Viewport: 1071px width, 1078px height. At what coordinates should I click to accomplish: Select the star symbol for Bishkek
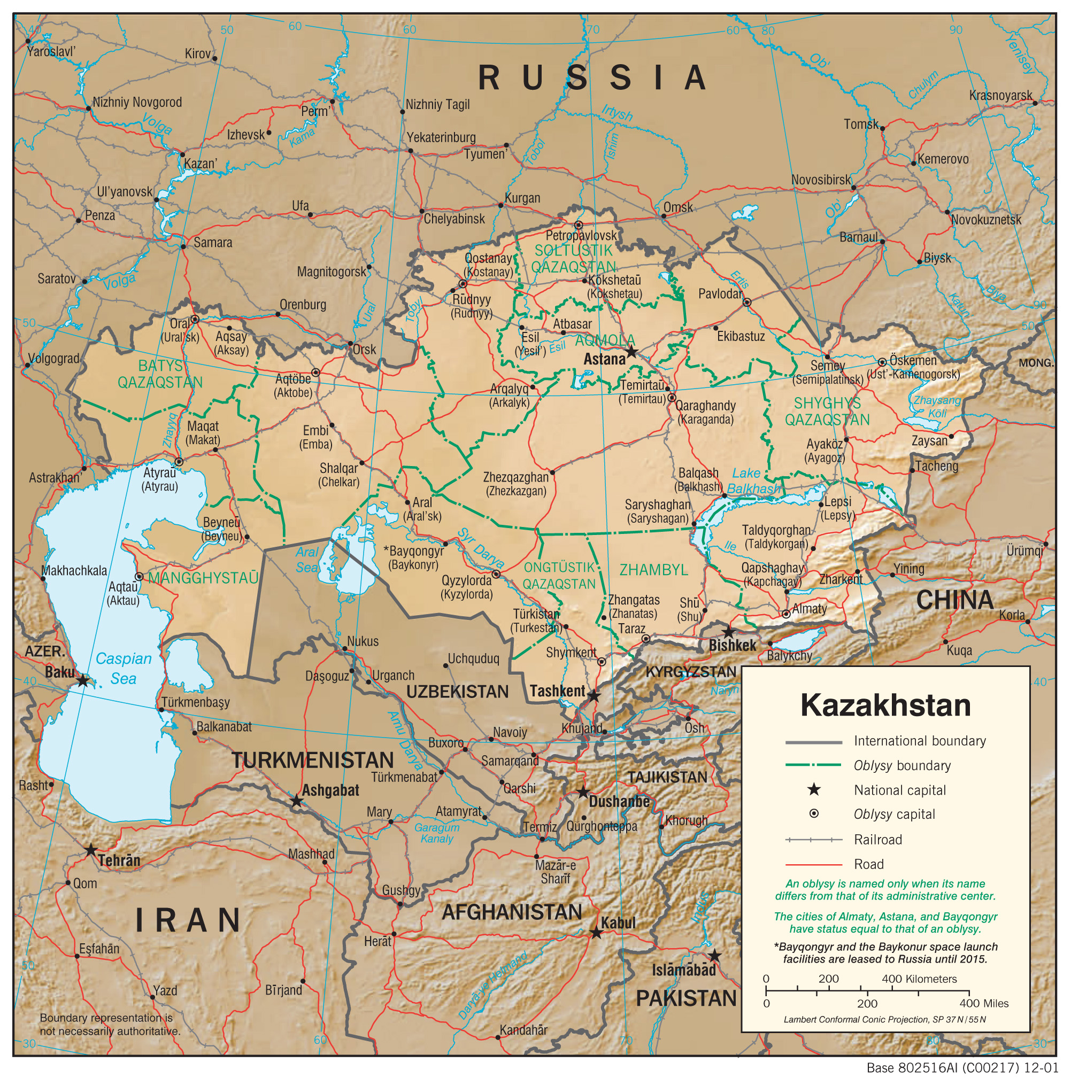(x=728, y=633)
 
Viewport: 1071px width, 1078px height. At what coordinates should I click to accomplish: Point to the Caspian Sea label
(x=124, y=669)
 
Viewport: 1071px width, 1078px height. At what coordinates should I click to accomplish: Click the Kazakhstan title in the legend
(x=885, y=705)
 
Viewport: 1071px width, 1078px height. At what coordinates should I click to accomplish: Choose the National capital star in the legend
(x=814, y=789)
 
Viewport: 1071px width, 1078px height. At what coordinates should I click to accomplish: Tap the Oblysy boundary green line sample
(x=813, y=765)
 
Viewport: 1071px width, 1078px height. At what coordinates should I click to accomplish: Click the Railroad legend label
(x=878, y=839)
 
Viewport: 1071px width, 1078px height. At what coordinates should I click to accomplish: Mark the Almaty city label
(x=809, y=609)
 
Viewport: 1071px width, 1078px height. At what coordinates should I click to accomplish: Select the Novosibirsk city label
(x=820, y=180)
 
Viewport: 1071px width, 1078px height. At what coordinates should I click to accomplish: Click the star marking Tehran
(x=91, y=850)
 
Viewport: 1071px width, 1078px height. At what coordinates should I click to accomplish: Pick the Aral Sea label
(x=307, y=560)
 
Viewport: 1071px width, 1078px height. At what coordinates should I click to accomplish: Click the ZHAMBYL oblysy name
(x=653, y=570)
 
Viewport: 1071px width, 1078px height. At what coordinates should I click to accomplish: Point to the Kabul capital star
(x=596, y=933)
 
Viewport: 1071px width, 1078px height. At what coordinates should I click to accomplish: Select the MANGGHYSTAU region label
(x=203, y=578)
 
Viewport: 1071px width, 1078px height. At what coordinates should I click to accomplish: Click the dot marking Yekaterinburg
(x=411, y=151)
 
